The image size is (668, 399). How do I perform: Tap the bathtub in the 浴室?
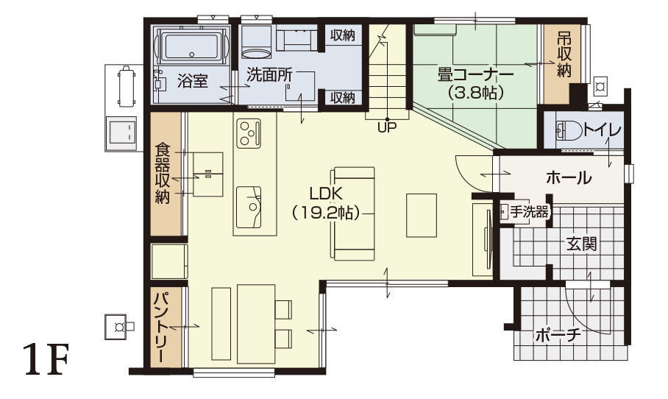pyautogui.click(x=192, y=46)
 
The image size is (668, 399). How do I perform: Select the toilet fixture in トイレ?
pyautogui.click(x=569, y=130)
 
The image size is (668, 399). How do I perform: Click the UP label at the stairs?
pyautogui.click(x=387, y=127)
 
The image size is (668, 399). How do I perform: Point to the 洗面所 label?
pyautogui.click(x=270, y=75)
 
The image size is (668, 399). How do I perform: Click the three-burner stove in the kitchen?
pyautogui.click(x=249, y=133)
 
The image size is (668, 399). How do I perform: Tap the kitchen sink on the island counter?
pyautogui.click(x=249, y=207)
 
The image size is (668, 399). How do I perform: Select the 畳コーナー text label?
pyautogui.click(x=476, y=75)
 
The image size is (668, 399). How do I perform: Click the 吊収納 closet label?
pyautogui.click(x=564, y=55)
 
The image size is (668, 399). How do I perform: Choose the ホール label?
pyautogui.click(x=569, y=177)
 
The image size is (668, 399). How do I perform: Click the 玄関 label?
pyautogui.click(x=581, y=244)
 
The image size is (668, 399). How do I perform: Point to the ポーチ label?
pyautogui.click(x=558, y=336)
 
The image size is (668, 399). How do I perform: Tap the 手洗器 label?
pyautogui.click(x=529, y=212)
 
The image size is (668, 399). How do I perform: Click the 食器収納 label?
pyautogui.click(x=163, y=174)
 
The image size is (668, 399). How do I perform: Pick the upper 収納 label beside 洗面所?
pyautogui.click(x=343, y=35)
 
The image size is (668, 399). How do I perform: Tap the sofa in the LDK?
pyautogui.click(x=352, y=213)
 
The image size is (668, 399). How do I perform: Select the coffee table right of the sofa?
pyautogui.click(x=422, y=215)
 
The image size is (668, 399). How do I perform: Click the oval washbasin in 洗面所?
pyautogui.click(x=256, y=53)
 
